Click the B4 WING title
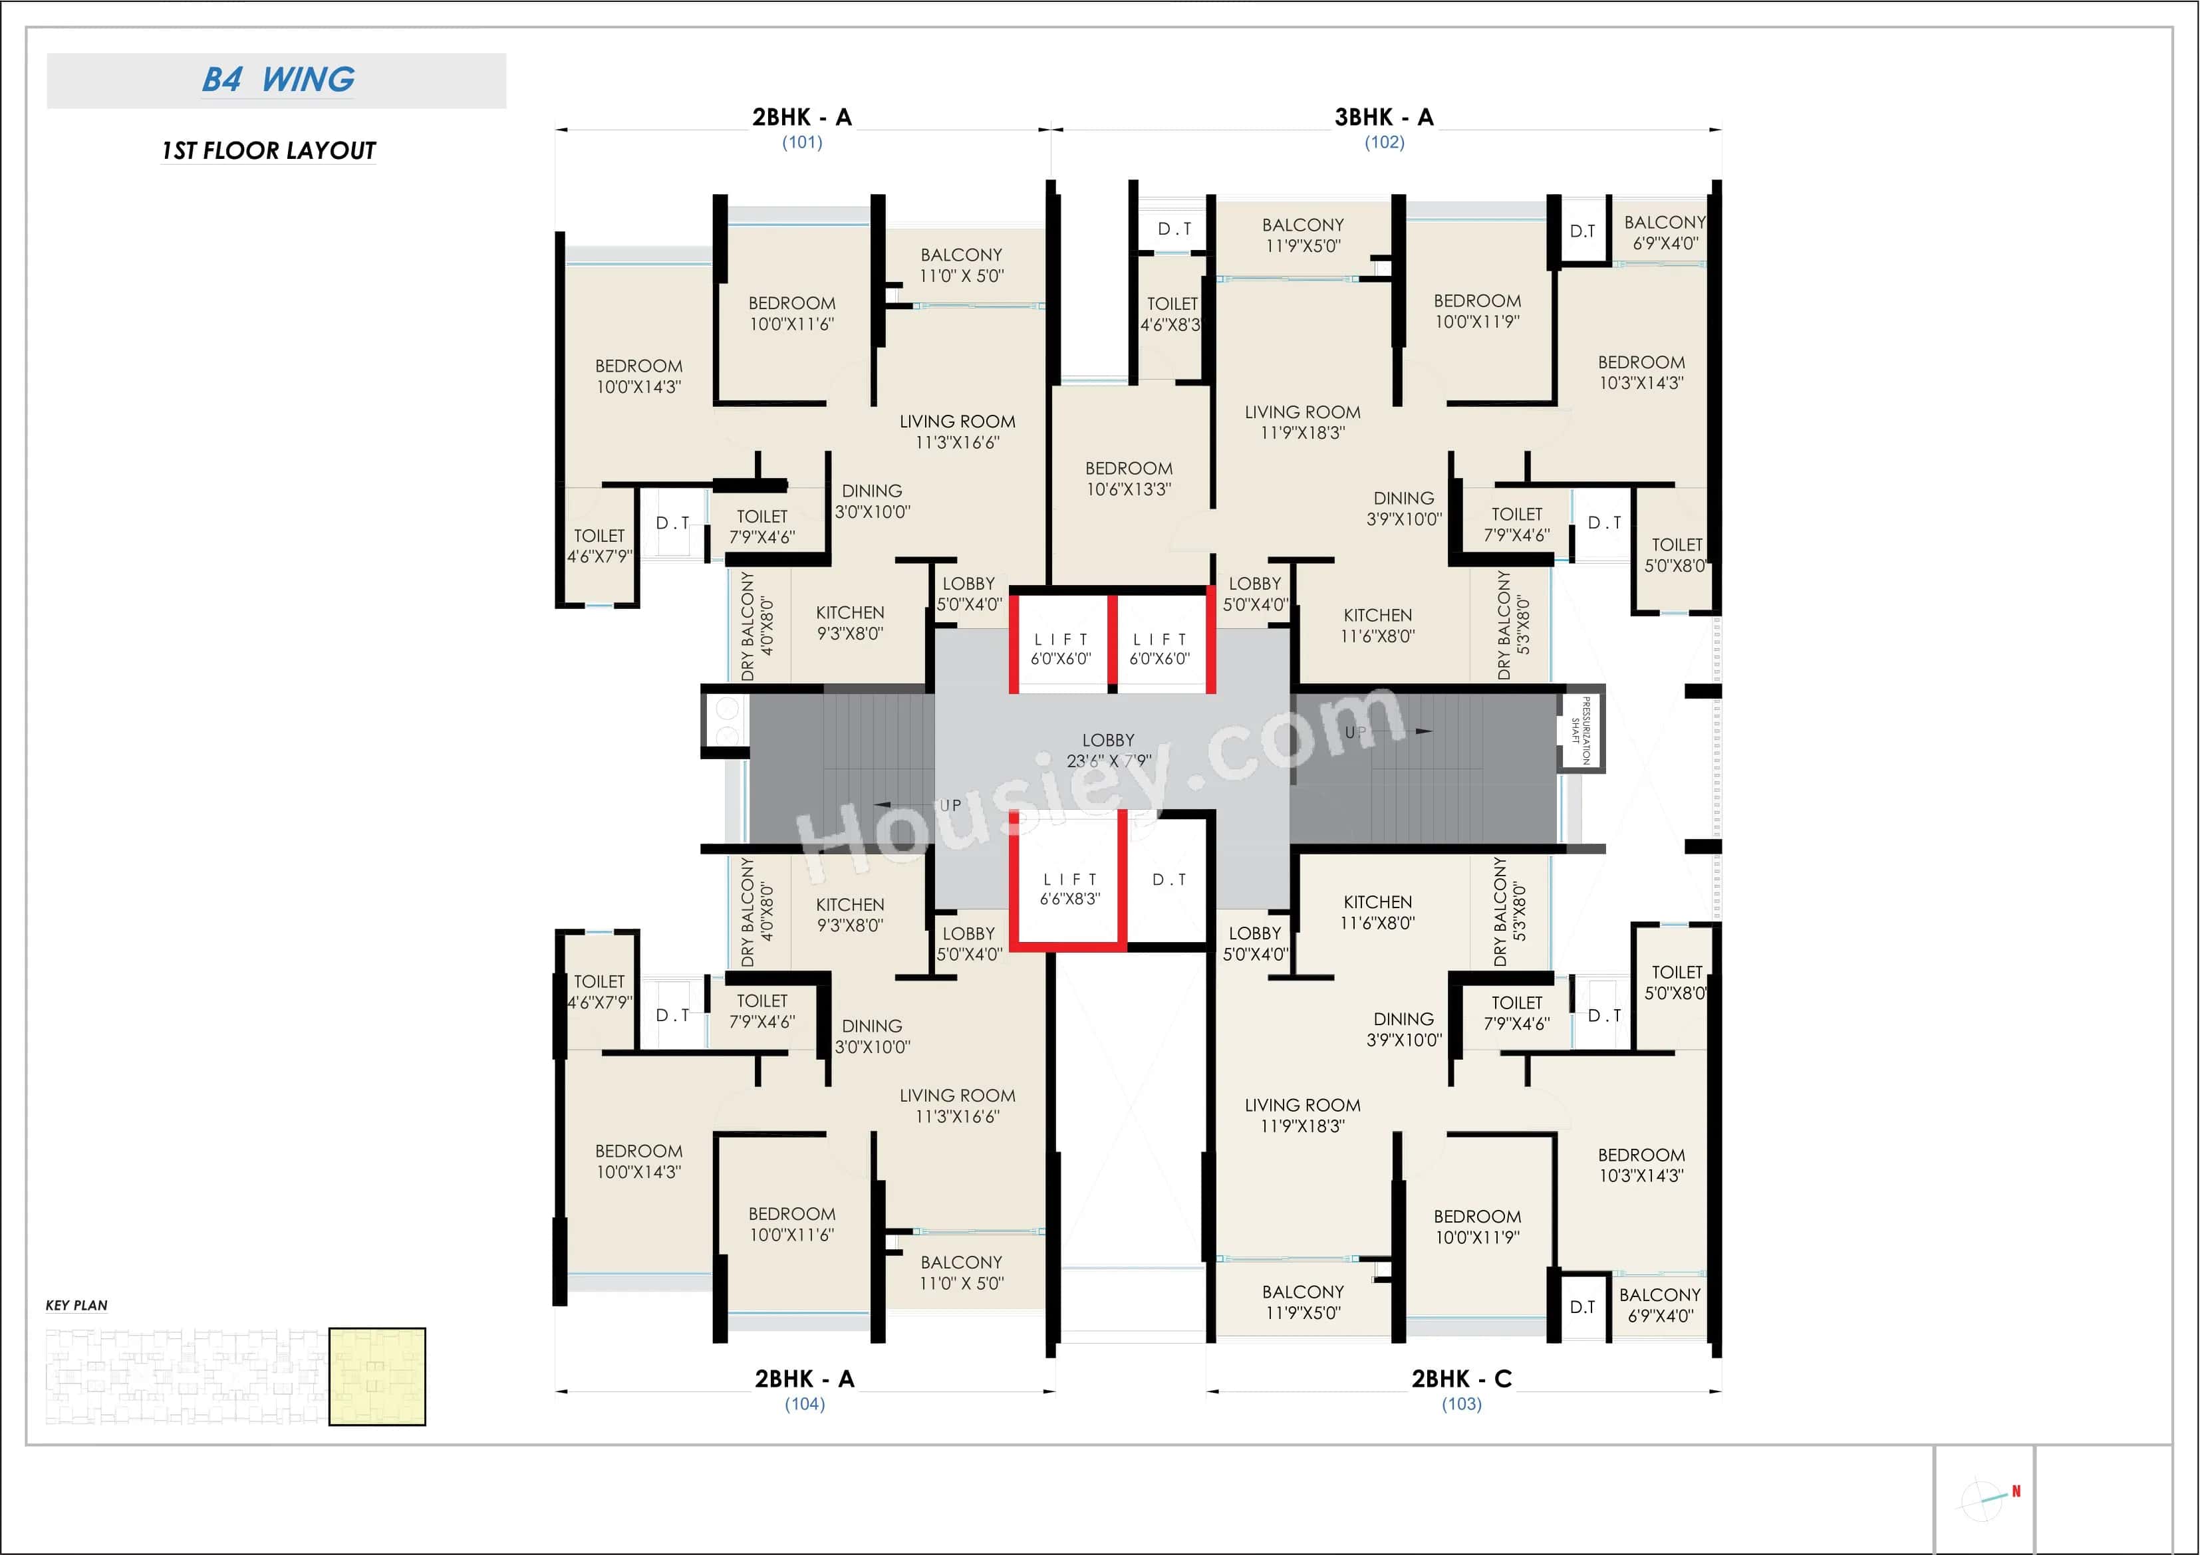tap(278, 80)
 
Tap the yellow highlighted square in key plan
tap(376, 1376)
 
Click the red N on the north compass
tap(2016, 1491)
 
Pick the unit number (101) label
tap(802, 143)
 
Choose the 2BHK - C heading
tap(1461, 1379)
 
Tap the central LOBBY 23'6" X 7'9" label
tap(1108, 750)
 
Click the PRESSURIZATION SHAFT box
tap(1580, 730)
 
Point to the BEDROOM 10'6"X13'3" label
tap(1129, 478)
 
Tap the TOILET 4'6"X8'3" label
tap(1171, 313)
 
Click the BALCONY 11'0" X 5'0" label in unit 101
tap(961, 265)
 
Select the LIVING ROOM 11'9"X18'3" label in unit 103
tap(1302, 1116)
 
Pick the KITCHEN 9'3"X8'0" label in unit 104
tap(850, 915)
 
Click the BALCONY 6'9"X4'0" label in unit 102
tap(1665, 233)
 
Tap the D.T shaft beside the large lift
tap(1169, 880)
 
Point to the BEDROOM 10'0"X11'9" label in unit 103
tap(1476, 1227)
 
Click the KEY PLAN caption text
tap(76, 1305)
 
